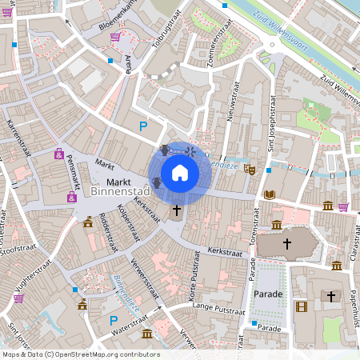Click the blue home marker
click(x=180, y=172)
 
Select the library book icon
click(x=269, y=194)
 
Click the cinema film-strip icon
click(x=301, y=306)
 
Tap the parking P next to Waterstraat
click(x=113, y=321)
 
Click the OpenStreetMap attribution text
click(x=80, y=354)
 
